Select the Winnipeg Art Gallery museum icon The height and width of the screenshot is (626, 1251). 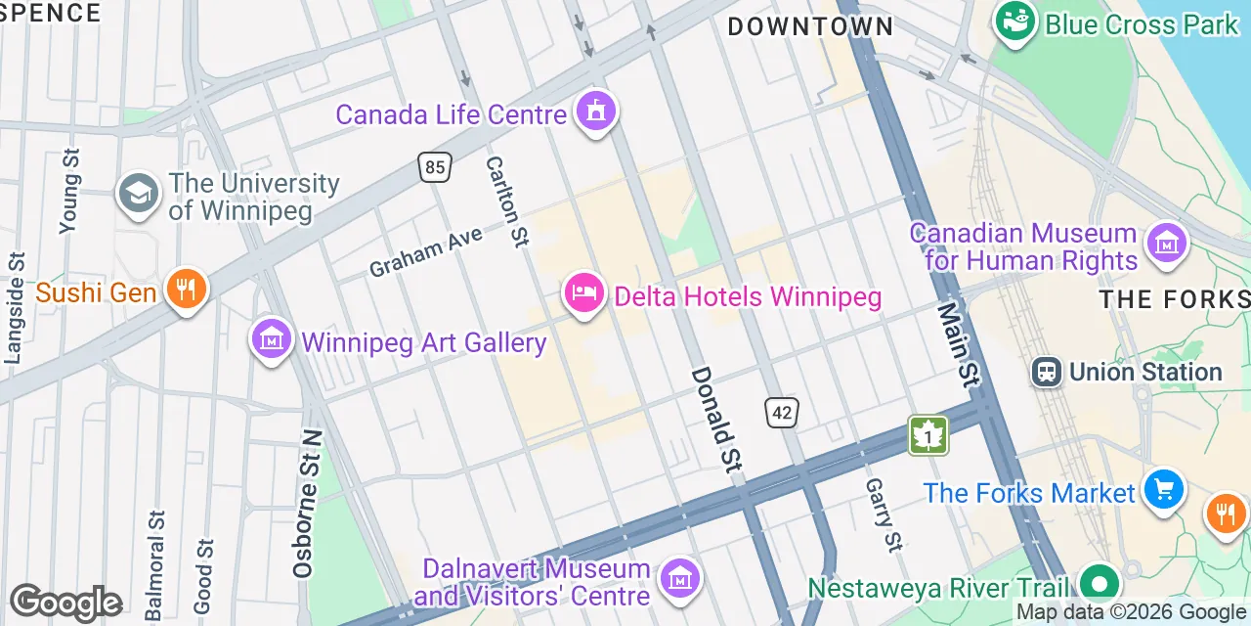coord(272,339)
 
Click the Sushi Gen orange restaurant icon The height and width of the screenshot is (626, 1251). coord(185,289)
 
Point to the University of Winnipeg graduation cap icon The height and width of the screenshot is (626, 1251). coord(139,194)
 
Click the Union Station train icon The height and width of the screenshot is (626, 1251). coord(1047,372)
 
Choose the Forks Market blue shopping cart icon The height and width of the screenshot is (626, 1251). coord(1163,488)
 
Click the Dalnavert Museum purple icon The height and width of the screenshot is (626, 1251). coord(679,578)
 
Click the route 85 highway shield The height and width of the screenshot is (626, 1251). coord(435,167)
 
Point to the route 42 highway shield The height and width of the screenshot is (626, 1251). coord(782,413)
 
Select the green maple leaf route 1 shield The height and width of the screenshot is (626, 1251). coord(927,435)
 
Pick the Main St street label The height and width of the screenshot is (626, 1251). coord(957,343)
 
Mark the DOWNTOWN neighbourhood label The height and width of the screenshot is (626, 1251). coord(810,26)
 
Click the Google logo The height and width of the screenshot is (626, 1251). coord(65,603)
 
